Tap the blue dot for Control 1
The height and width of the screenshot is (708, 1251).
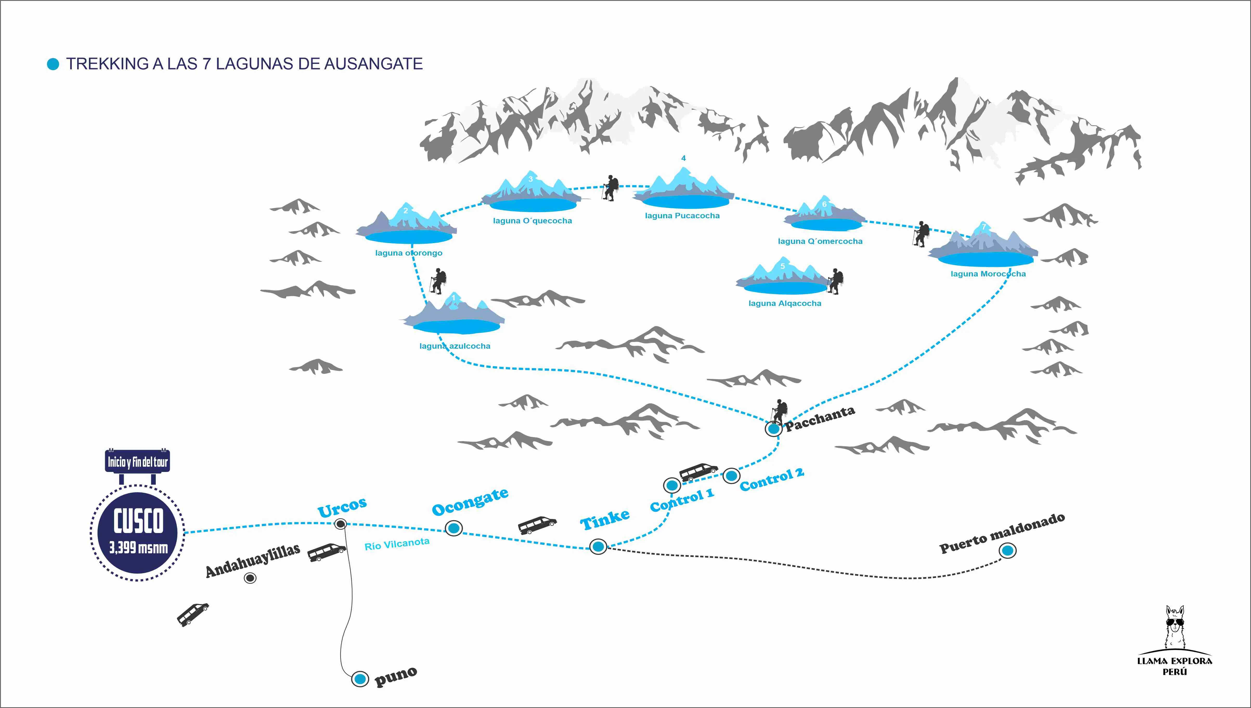point(672,485)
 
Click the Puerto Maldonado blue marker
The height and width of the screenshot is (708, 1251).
point(1008,550)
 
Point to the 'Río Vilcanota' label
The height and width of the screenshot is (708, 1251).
point(397,544)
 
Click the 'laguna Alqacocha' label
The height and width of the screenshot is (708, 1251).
point(785,303)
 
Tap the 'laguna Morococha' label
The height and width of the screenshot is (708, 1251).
point(988,274)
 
